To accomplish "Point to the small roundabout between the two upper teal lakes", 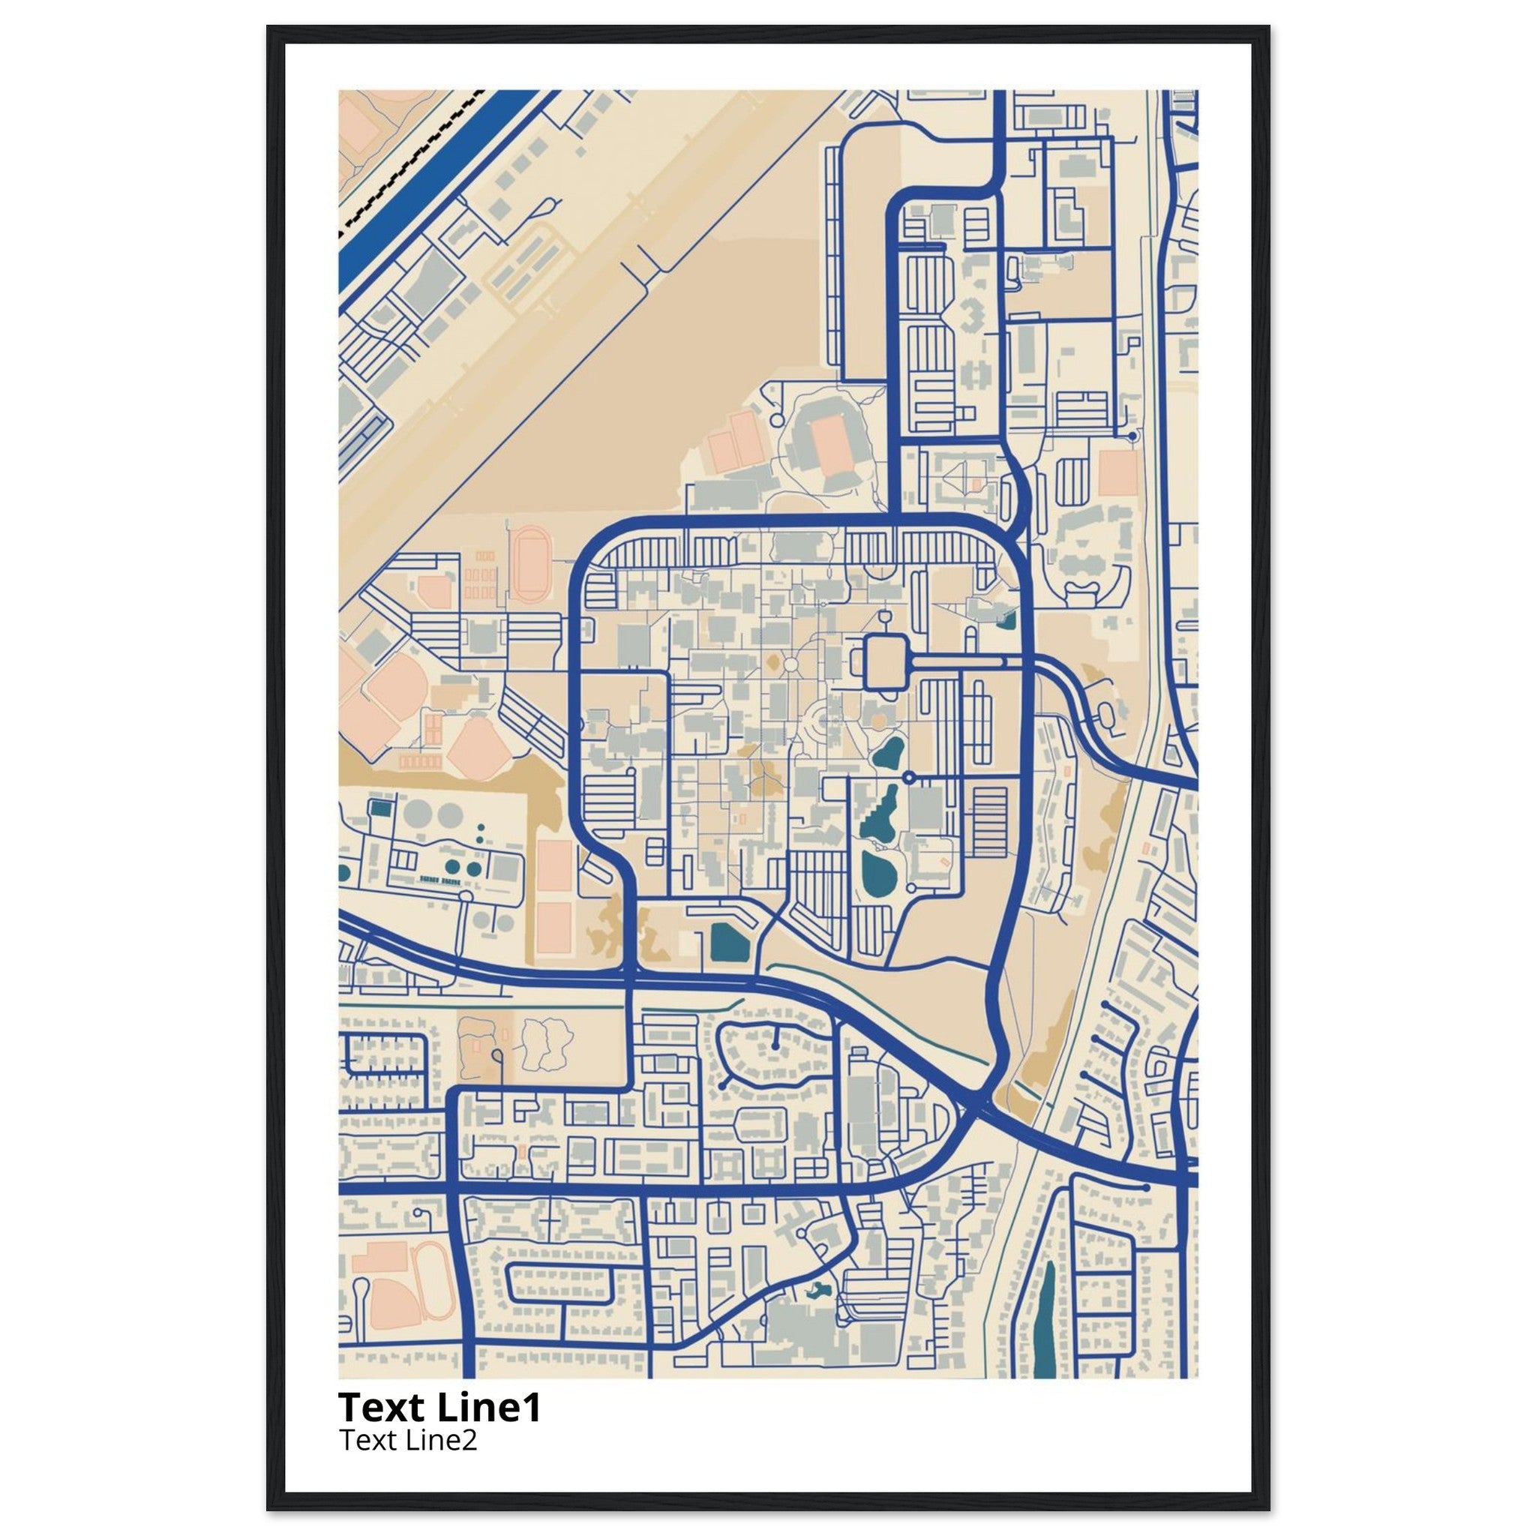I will [909, 776].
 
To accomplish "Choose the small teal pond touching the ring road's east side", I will [1009, 618].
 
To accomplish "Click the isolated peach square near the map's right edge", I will [1117, 475].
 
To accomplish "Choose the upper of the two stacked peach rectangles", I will [554, 865].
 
